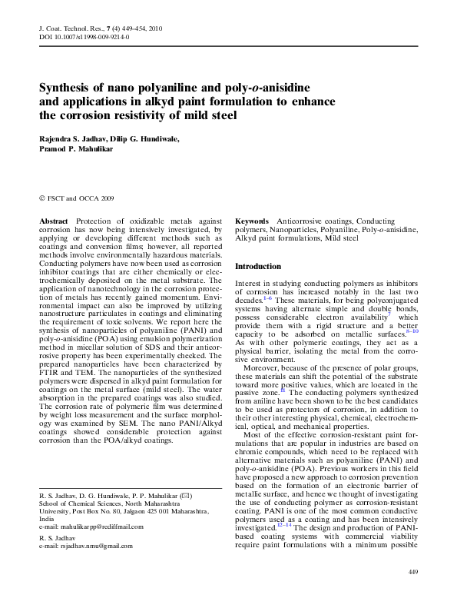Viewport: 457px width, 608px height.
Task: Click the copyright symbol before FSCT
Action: point(41,198)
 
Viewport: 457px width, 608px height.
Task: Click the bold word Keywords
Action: point(252,221)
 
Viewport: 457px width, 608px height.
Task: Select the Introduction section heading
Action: point(258,266)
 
